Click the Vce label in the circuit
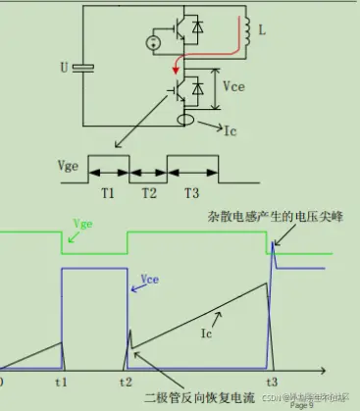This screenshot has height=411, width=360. point(233,87)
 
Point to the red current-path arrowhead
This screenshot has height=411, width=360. point(177,69)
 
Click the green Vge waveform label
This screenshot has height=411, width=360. point(83,226)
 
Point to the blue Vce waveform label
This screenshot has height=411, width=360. point(151,279)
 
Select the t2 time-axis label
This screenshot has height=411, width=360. point(126,382)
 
